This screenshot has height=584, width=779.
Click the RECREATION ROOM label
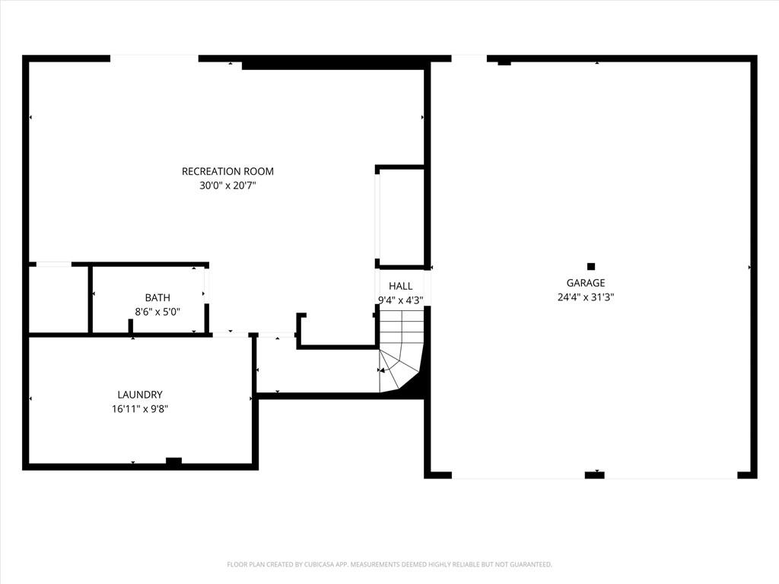tap(227, 171)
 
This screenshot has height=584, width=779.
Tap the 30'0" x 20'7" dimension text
tap(227, 186)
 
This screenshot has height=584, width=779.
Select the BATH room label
tap(157, 297)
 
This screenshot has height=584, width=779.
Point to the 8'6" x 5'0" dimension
tap(157, 312)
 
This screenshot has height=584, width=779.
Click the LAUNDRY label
tap(140, 395)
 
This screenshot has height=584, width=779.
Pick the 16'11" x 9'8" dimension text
tap(140, 409)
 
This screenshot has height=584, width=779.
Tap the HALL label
tap(400, 286)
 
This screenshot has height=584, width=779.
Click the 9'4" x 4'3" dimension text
tap(400, 300)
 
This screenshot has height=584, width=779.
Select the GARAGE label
tap(586, 283)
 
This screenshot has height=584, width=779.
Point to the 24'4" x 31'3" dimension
tap(586, 297)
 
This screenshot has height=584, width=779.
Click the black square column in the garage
tap(590, 267)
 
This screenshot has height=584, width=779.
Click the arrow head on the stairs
tap(381, 370)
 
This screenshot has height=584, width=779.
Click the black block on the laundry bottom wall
tap(173, 462)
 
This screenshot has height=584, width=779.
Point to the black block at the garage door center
tap(595, 475)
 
